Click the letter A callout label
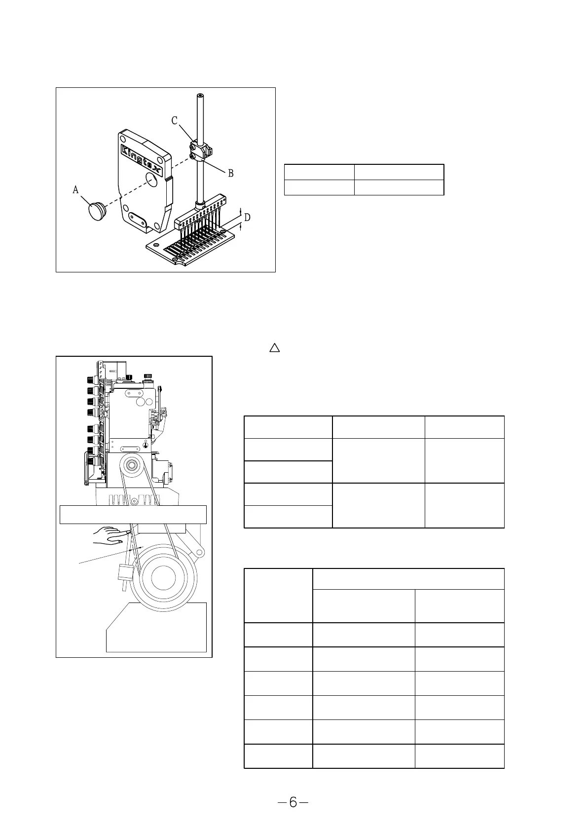[75, 189]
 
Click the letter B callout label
[230, 173]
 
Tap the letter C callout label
[175, 120]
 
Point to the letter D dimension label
[247, 217]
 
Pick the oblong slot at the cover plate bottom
[137, 217]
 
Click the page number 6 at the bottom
[293, 803]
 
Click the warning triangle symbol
[275, 348]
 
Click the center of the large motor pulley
[162, 577]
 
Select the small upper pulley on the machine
[132, 465]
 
